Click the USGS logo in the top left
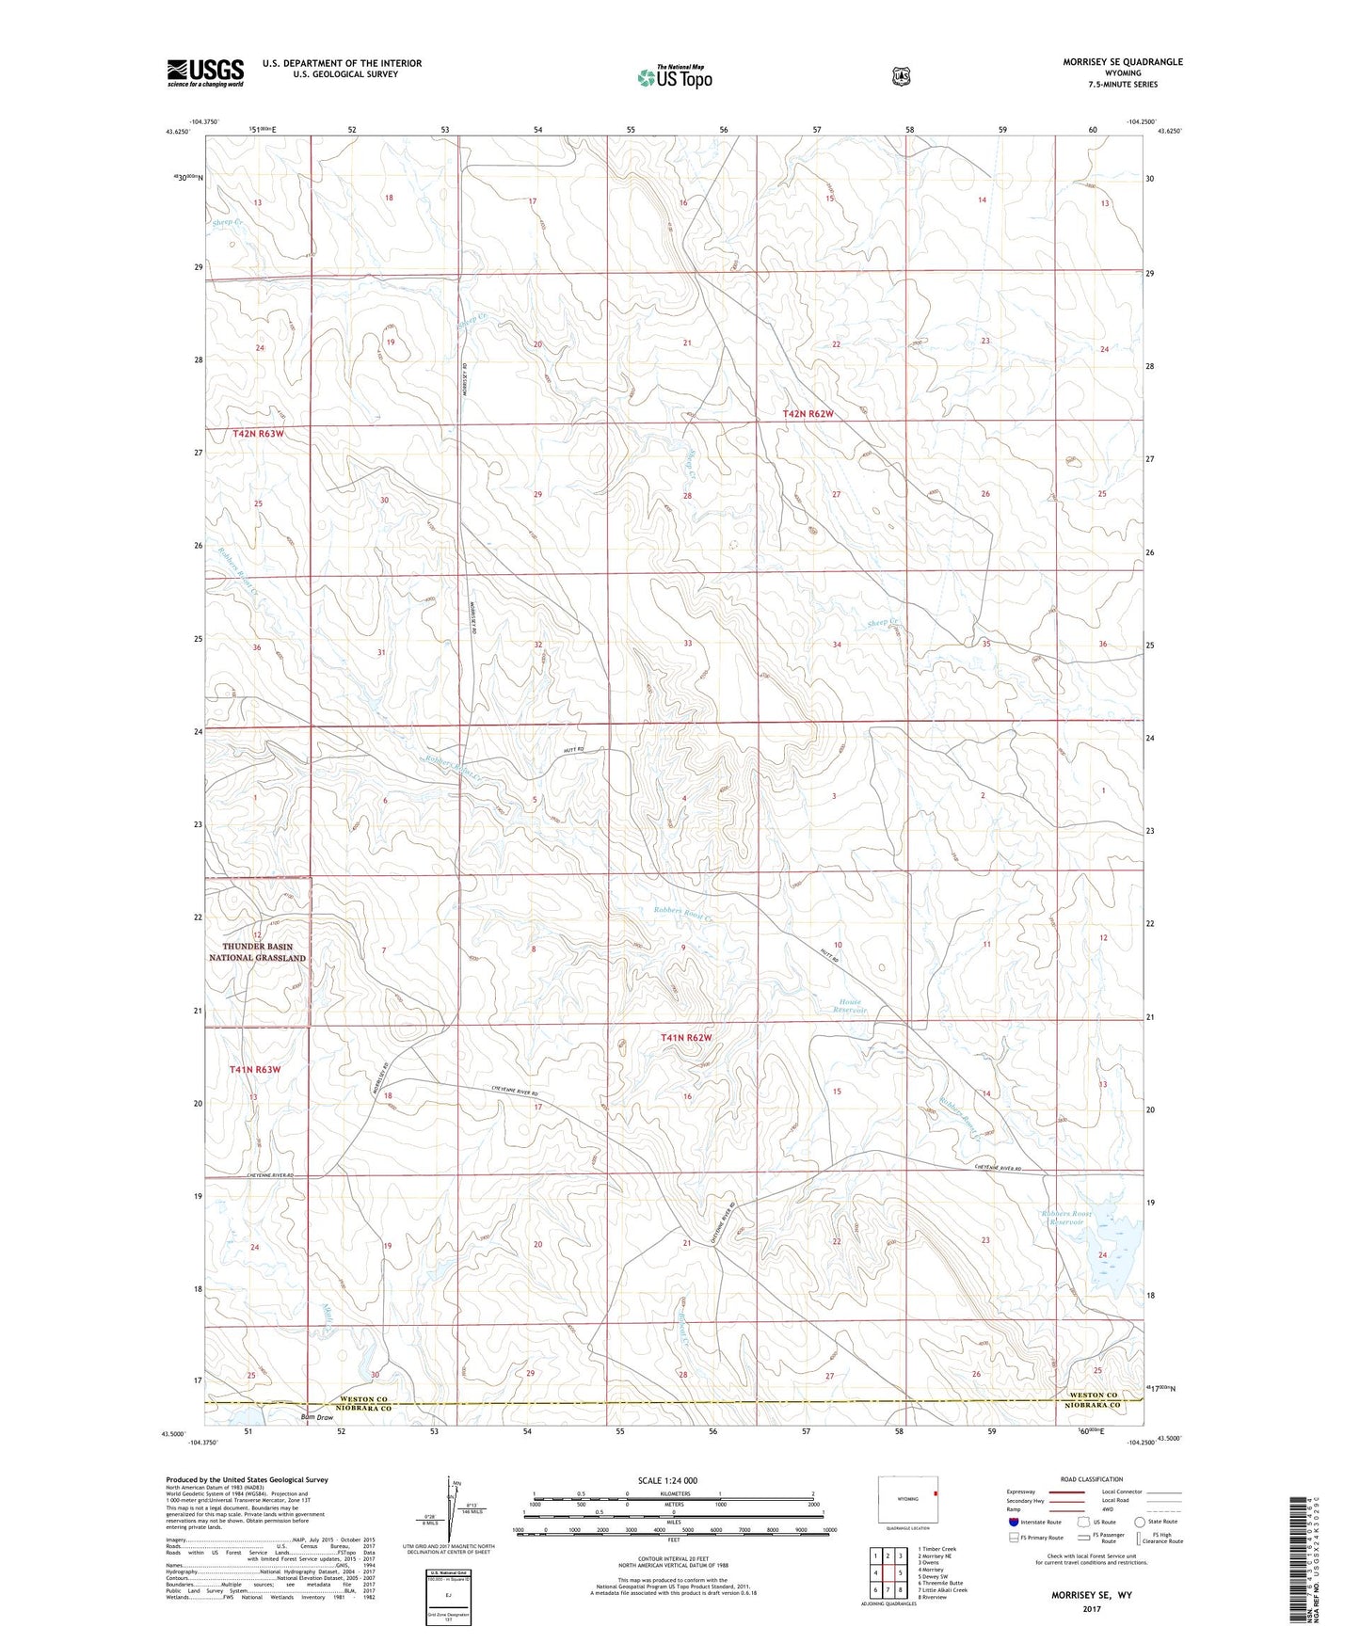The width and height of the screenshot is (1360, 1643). [x=205, y=72]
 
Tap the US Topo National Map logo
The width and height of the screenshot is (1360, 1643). [x=674, y=77]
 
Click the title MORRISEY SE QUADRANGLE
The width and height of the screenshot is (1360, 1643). [x=1110, y=62]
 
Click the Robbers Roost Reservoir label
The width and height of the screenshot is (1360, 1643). [x=1066, y=1218]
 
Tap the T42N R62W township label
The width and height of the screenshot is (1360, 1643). [x=808, y=414]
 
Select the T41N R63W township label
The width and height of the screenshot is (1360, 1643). [x=255, y=1070]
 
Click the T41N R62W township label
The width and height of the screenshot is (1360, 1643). [x=685, y=1038]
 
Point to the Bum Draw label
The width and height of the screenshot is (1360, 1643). [x=316, y=1417]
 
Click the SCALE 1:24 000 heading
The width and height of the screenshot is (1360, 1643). [x=667, y=1480]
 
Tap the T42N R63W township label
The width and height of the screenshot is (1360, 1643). [x=258, y=433]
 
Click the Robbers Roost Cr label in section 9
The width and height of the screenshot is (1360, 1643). [x=680, y=911]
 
